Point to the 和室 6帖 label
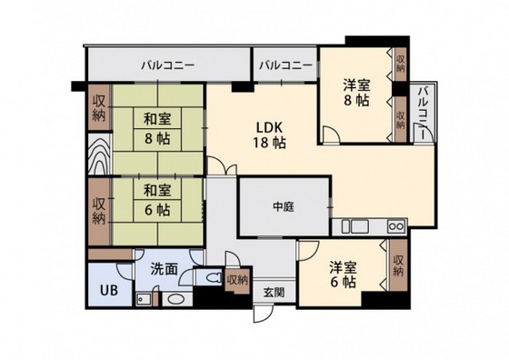coord(157,200)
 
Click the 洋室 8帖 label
coord(356,94)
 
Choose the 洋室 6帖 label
coord(342,275)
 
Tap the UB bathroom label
coord(107,291)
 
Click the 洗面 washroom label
coord(164,269)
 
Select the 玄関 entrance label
coord(274,292)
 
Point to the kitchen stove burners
coord(395,225)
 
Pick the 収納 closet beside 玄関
coord(237,280)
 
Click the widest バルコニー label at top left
coord(168,65)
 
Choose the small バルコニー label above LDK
coord(284,65)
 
